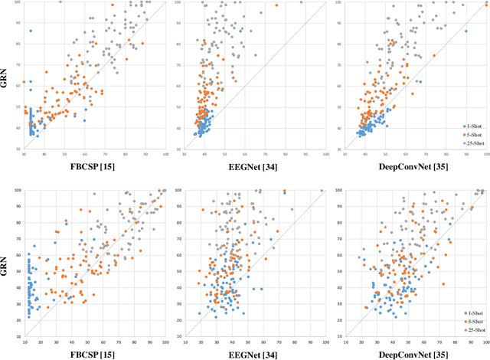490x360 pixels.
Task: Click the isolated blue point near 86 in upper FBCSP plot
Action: click(31, 31)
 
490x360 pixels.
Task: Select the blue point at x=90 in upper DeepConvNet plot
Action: click(465, 31)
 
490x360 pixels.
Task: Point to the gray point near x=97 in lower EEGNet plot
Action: click(322, 191)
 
